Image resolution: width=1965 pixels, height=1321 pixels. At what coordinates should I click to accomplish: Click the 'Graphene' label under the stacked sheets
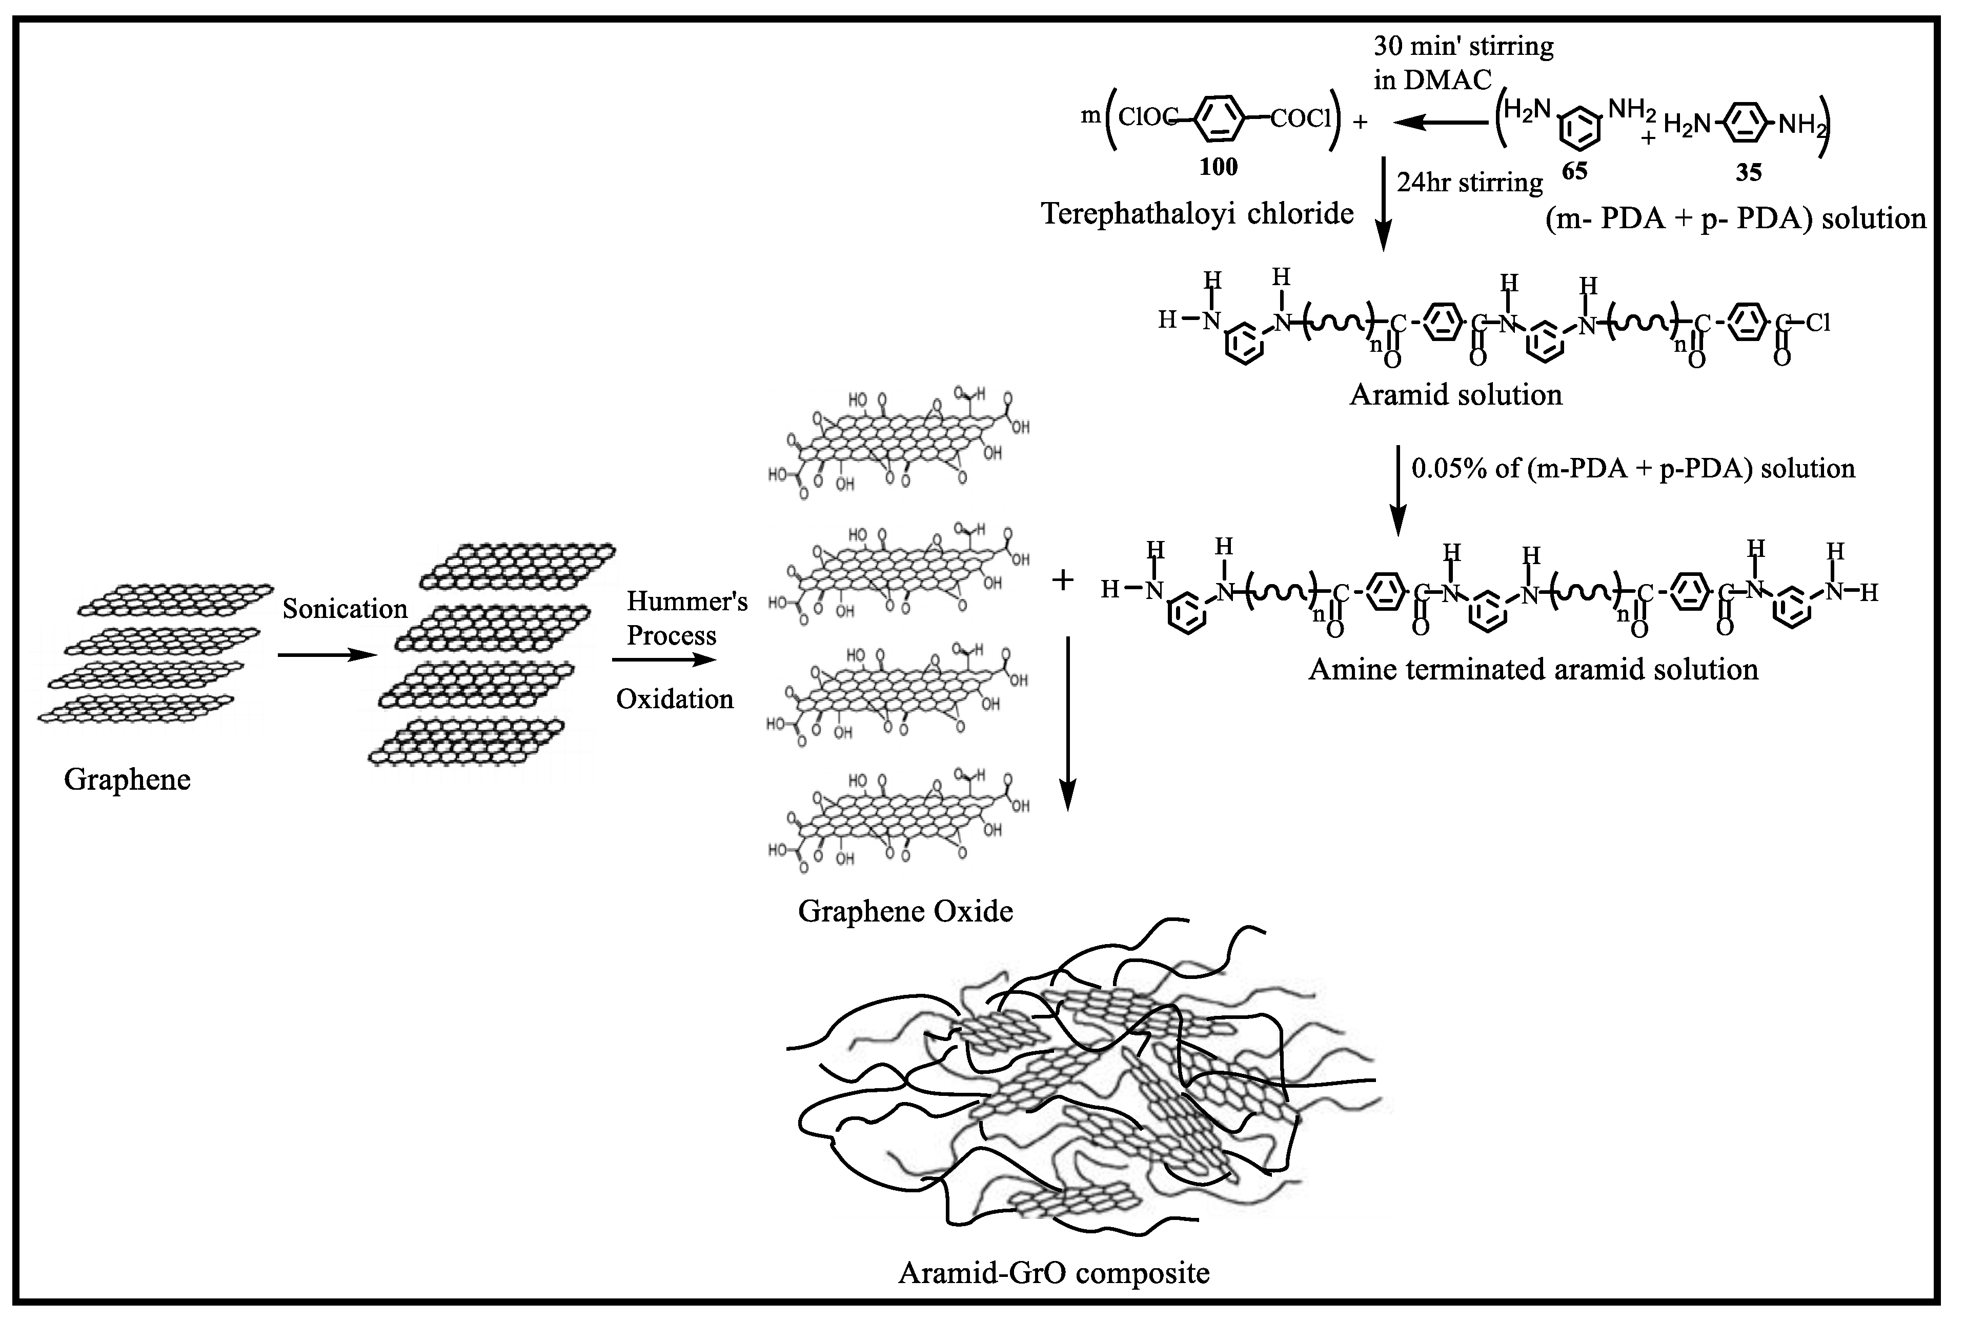(x=127, y=779)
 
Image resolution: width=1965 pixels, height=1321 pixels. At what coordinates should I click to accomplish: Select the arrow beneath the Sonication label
(x=326, y=654)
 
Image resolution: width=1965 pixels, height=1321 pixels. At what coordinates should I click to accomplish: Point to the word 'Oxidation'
(x=675, y=698)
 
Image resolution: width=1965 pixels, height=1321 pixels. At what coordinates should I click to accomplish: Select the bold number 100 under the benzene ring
(x=1218, y=167)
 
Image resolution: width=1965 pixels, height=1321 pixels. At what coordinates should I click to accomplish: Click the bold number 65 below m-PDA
(x=1574, y=172)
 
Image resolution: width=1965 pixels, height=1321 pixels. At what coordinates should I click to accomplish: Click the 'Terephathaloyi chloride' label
(x=1197, y=213)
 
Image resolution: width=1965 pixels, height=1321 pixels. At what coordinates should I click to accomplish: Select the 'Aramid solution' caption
(x=1455, y=394)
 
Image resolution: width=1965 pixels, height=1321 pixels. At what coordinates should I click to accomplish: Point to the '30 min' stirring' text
(x=1464, y=46)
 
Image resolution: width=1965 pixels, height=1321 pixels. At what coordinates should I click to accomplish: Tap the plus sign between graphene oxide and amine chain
(x=1063, y=579)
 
